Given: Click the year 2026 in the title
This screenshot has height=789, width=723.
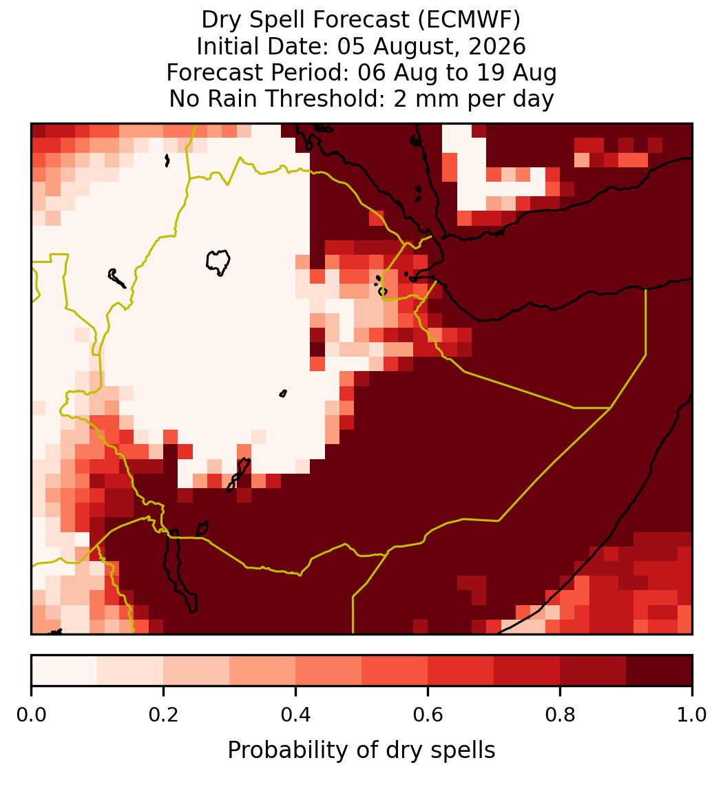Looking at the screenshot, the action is point(497,46).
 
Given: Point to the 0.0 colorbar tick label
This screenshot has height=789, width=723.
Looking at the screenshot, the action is point(32,715).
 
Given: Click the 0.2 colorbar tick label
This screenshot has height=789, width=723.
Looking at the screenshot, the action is point(163,715).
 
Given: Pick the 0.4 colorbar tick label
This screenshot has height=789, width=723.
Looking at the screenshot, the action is point(296,715).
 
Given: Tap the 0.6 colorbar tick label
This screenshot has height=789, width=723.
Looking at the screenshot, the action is point(428,715).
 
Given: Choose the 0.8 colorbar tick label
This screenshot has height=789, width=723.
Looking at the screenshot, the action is point(560,715).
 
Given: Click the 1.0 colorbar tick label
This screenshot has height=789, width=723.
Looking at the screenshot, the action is point(692,715).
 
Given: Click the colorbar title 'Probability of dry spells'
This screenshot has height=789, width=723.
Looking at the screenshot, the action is point(361,750).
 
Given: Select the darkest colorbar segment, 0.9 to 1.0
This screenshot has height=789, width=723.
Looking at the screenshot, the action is point(659,671).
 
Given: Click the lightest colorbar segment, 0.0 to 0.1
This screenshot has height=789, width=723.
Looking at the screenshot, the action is point(65,671).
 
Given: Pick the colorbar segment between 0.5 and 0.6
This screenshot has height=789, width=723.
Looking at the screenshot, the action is point(395,671).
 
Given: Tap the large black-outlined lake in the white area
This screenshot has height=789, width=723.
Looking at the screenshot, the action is point(218,262).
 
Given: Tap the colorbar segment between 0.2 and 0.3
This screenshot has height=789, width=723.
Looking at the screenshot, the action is point(197,671).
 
